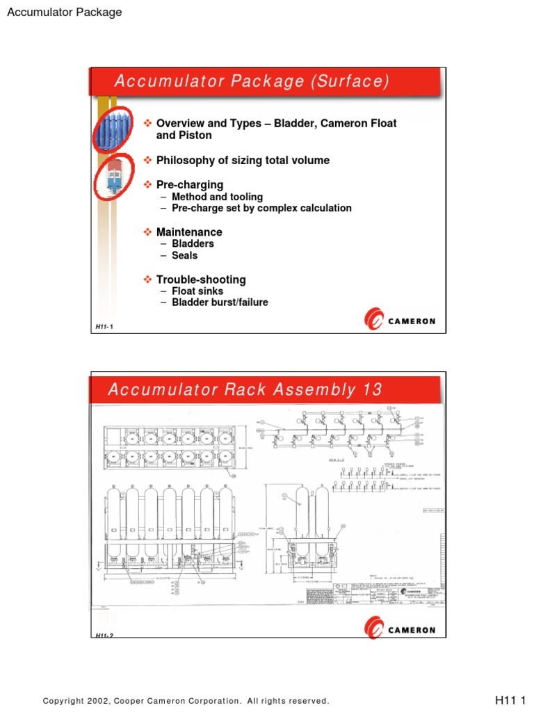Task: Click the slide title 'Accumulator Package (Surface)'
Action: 251,81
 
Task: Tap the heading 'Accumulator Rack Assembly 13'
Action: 245,389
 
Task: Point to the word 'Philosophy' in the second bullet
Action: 183,161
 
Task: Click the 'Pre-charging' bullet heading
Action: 190,185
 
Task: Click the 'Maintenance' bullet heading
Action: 189,232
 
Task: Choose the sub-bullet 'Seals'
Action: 184,255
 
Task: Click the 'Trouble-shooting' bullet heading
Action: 201,280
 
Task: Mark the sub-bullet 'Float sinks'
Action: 198,291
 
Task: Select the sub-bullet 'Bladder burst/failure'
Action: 220,302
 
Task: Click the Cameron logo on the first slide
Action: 400,321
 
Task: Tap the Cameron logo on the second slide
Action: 400,630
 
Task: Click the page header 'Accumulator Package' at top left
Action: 64,12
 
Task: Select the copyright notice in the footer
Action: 186,701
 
